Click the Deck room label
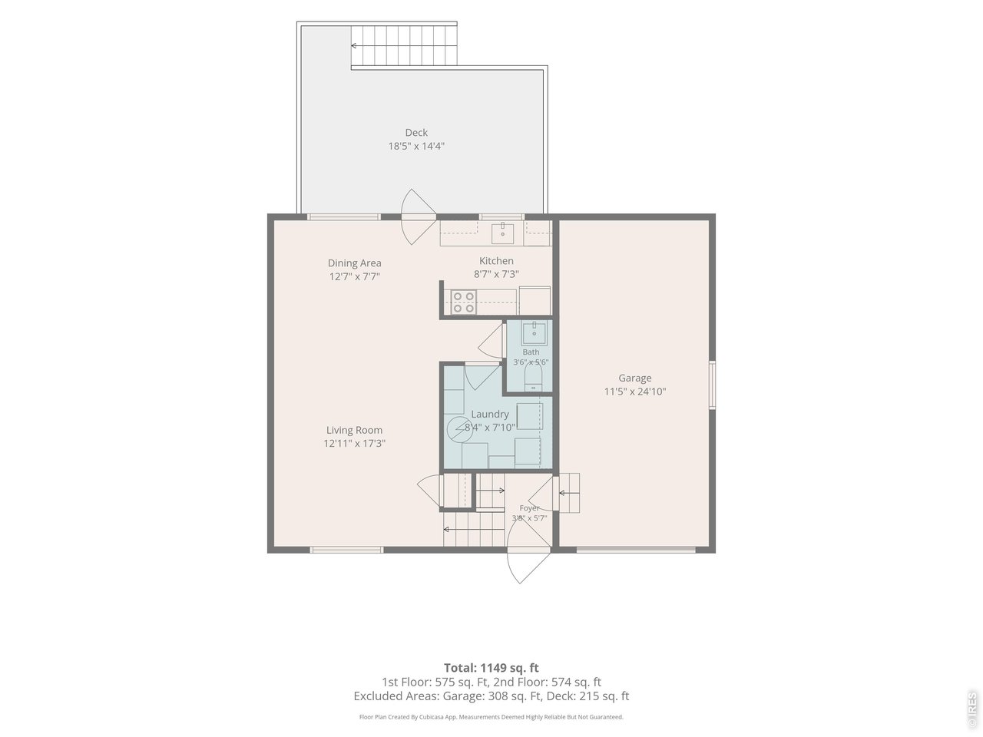[416, 133]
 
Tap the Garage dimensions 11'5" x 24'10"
[634, 392]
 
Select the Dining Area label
[354, 263]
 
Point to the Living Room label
[354, 430]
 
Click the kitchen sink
[502, 233]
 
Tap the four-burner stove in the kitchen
[464, 302]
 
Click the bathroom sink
[534, 333]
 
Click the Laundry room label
[489, 415]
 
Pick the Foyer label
[529, 508]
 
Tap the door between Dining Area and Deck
[419, 216]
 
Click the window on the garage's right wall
[712, 385]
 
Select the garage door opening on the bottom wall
[635, 549]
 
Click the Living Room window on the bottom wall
[346, 550]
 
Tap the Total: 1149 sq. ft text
[491, 668]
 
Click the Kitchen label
[496, 261]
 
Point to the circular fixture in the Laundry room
[459, 429]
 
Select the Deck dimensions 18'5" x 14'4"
[416, 146]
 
